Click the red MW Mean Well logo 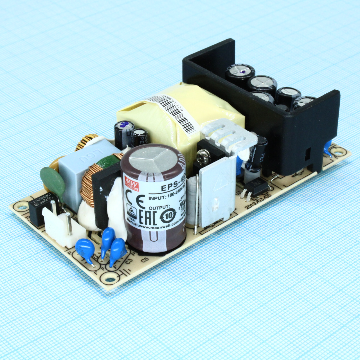131,184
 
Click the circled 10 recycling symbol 168,216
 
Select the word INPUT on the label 157,198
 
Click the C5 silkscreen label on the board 145,260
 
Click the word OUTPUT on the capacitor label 159,208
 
